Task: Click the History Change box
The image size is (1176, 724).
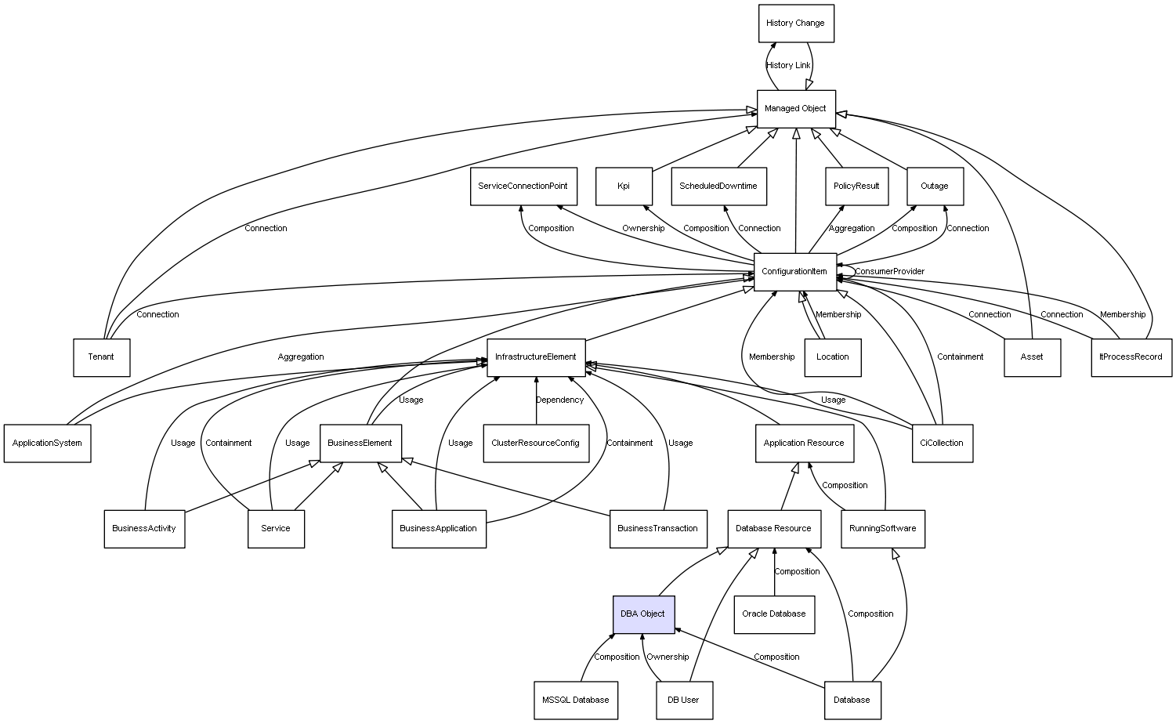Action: [795, 24]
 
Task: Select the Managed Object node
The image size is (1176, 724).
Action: [795, 109]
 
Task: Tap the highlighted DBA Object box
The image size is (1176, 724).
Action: [642, 614]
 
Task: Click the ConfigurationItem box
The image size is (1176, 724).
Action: [794, 272]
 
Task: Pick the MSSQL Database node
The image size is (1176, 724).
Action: [575, 700]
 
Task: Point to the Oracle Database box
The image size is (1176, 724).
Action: [774, 614]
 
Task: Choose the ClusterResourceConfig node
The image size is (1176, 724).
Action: [536, 443]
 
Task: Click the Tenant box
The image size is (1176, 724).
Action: [101, 357]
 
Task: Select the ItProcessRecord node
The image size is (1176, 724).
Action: [1131, 357]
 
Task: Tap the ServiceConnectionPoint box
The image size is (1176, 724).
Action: [523, 186]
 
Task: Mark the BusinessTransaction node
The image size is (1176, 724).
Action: [657, 529]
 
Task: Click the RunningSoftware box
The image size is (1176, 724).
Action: [883, 529]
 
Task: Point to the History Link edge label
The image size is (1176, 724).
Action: [788, 66]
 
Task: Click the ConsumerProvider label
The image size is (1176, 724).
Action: [889, 272]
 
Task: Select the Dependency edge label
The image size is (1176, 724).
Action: [559, 400]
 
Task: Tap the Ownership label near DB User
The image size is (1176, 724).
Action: [668, 657]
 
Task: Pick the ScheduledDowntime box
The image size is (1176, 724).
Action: [718, 186]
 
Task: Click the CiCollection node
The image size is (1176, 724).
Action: [943, 443]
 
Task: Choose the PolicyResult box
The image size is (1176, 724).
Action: [856, 186]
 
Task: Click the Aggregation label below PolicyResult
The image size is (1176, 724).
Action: [852, 229]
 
